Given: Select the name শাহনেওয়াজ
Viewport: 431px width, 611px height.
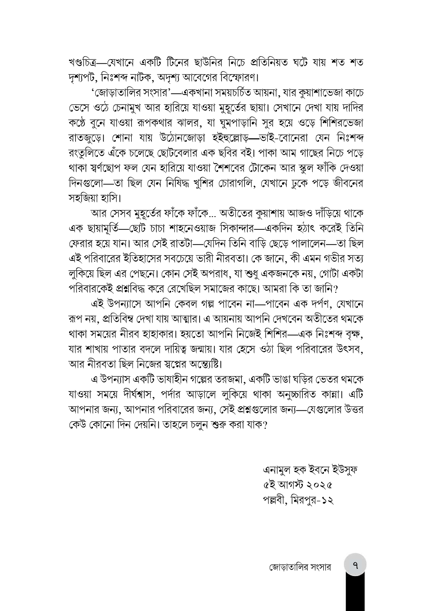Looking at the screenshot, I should (193, 229).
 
